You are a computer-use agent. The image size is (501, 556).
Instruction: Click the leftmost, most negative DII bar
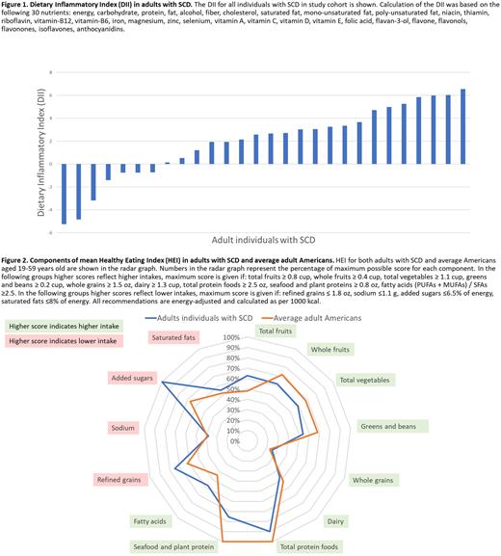click(x=64, y=194)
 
